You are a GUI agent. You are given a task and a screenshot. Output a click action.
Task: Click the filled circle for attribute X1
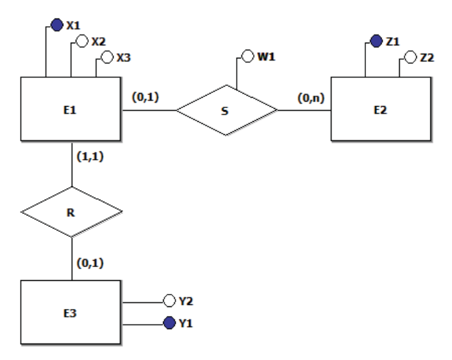coord(57,25)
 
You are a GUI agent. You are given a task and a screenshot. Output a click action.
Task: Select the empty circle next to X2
coord(82,41)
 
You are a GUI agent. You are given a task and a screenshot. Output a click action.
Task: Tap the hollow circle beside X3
coord(107,57)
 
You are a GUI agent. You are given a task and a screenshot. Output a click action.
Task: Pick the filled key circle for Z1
coord(376,41)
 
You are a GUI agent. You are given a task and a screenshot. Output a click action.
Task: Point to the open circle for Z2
coord(411,57)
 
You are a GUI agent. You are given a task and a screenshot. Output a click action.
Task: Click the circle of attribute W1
coord(248,56)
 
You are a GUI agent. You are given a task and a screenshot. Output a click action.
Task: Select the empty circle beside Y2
coord(169,301)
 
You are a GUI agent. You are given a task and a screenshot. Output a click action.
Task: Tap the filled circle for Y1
coord(169,323)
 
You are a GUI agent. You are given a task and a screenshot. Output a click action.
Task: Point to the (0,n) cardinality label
coord(311,98)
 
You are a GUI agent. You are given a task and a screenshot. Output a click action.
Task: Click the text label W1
coord(266,56)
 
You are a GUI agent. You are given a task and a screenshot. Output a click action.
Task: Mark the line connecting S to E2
coord(304,110)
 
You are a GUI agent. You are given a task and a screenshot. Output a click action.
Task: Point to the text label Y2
coord(186,301)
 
